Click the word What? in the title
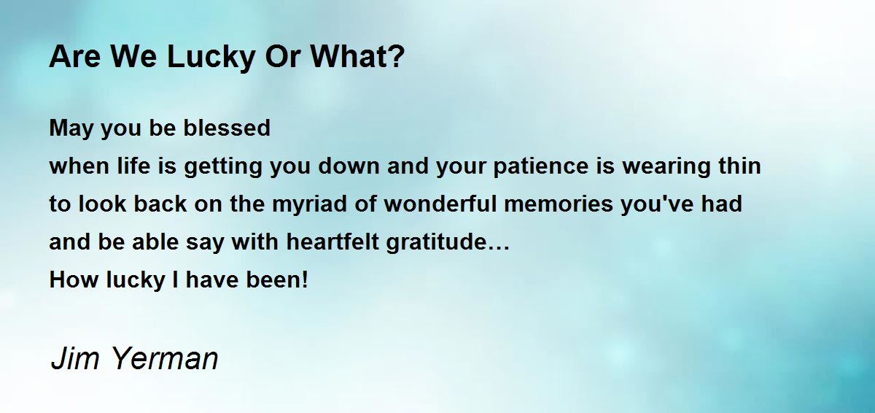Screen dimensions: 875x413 [x=357, y=57]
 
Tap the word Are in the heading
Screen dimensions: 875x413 [x=74, y=57]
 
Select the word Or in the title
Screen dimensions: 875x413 [x=283, y=57]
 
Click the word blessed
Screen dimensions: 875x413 [x=227, y=128]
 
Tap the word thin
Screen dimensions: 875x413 [x=739, y=166]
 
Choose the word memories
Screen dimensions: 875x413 [x=559, y=204]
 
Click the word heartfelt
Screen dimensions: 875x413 [x=332, y=242]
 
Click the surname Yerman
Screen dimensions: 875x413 [x=165, y=359]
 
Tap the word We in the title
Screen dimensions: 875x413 [x=134, y=57]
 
